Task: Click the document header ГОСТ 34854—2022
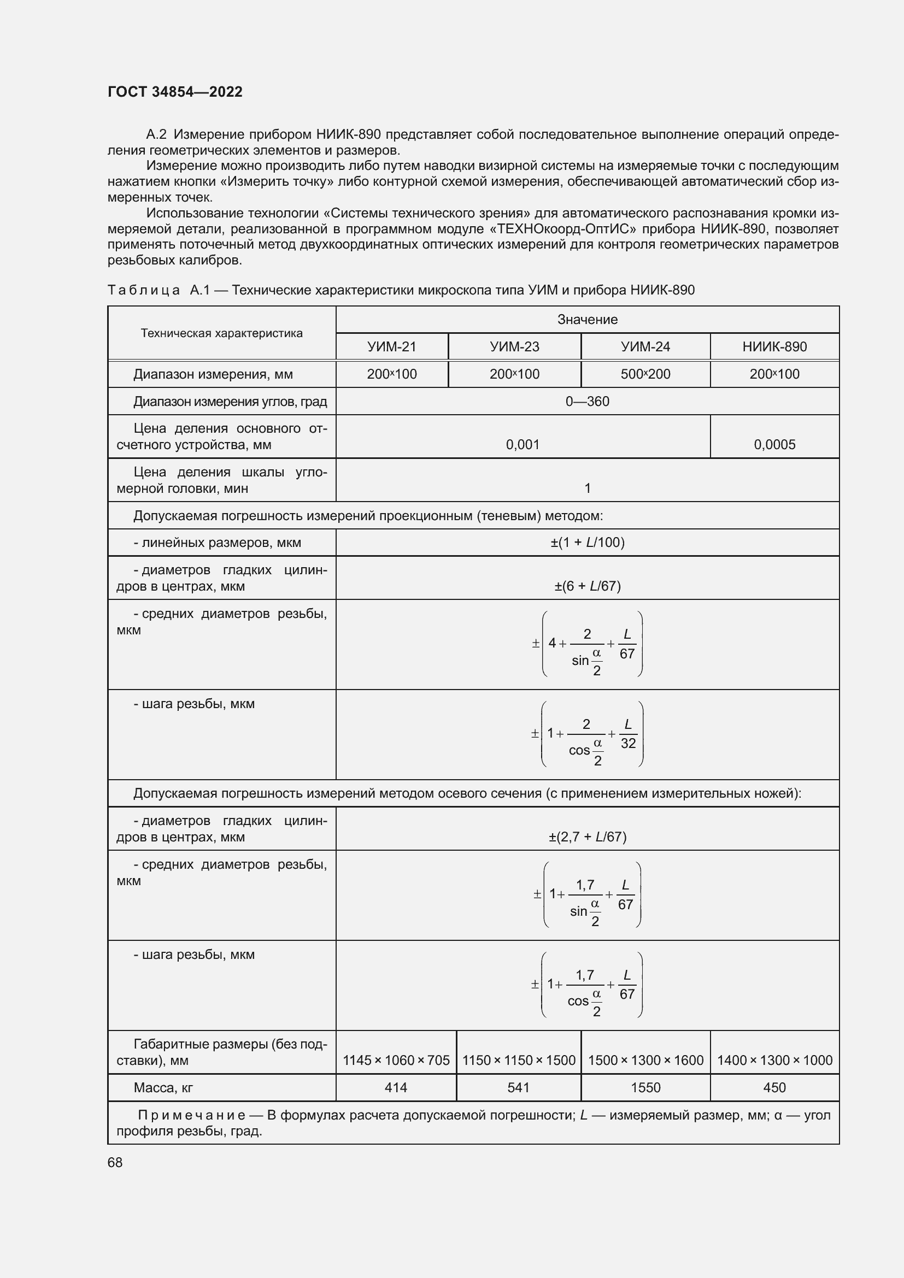click(175, 92)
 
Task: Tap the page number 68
click(115, 1162)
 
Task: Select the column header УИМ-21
click(392, 347)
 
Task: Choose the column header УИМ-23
click(514, 347)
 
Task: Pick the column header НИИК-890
click(774, 347)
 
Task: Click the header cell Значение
click(587, 320)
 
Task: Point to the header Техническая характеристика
click(221, 333)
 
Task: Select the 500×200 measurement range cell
click(645, 374)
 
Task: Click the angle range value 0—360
click(587, 402)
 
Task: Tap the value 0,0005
click(774, 444)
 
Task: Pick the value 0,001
click(523, 444)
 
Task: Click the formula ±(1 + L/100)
click(587, 542)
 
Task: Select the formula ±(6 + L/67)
click(587, 586)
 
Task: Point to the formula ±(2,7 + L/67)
click(587, 837)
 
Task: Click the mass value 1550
click(645, 1087)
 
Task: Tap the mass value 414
click(396, 1087)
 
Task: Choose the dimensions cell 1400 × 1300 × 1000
click(774, 1060)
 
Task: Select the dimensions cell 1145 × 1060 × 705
click(396, 1060)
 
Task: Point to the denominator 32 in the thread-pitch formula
click(628, 743)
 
